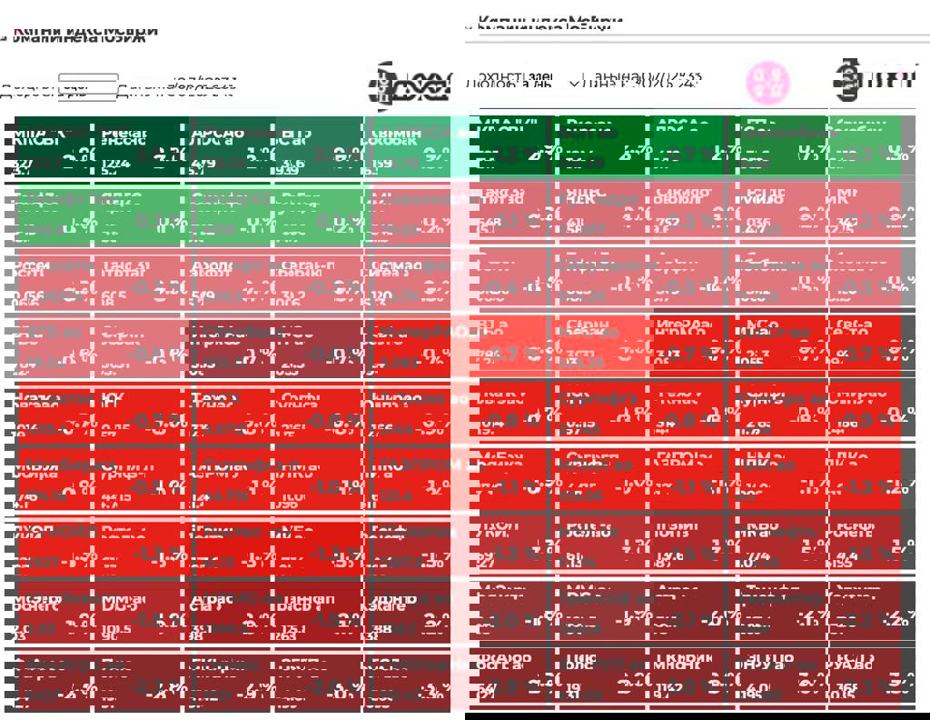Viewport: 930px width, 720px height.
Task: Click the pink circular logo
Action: click(767, 83)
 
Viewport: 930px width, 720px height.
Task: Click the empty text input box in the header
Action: click(88, 86)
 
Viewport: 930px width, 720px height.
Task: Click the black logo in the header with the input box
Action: click(410, 86)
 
